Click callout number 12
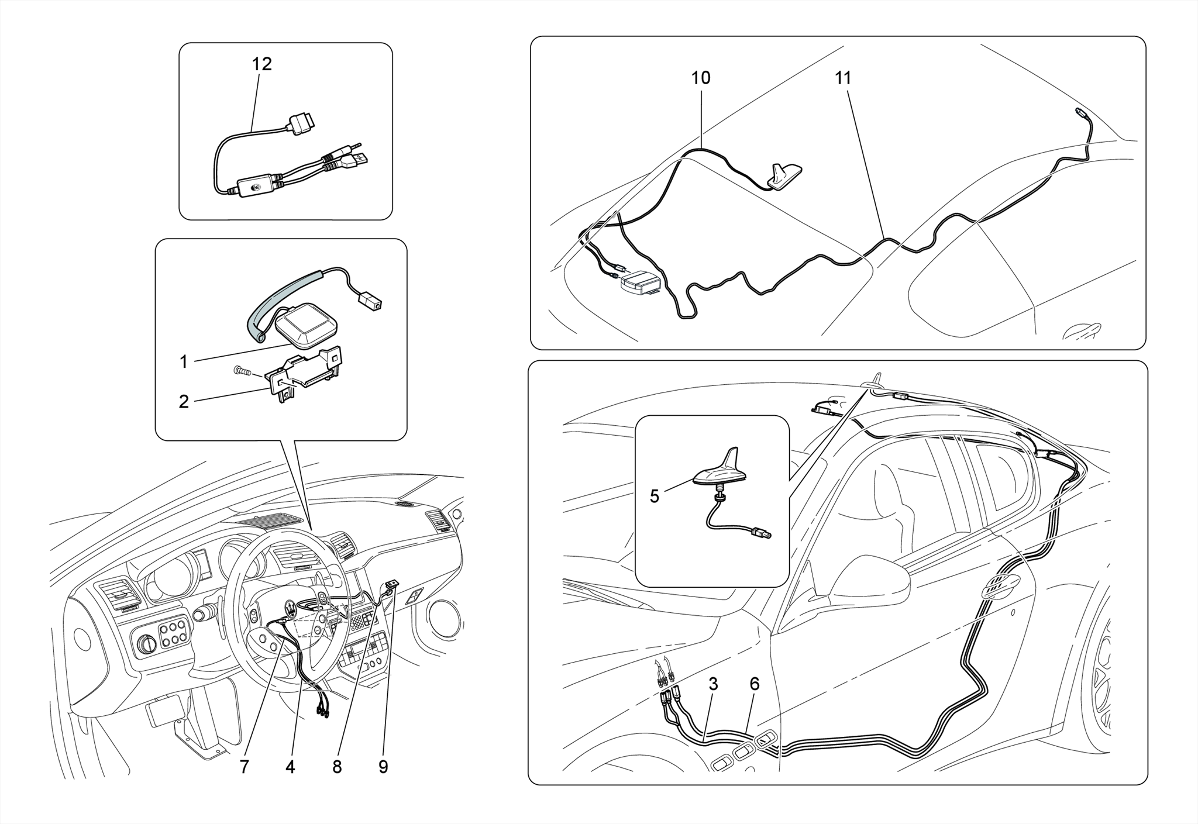(x=261, y=64)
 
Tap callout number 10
(x=700, y=78)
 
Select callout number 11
(x=843, y=78)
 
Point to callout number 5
(x=654, y=497)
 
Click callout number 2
(x=184, y=402)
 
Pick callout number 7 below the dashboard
(x=244, y=767)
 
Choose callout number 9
(x=383, y=767)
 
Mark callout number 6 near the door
(x=754, y=684)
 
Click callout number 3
(x=712, y=684)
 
